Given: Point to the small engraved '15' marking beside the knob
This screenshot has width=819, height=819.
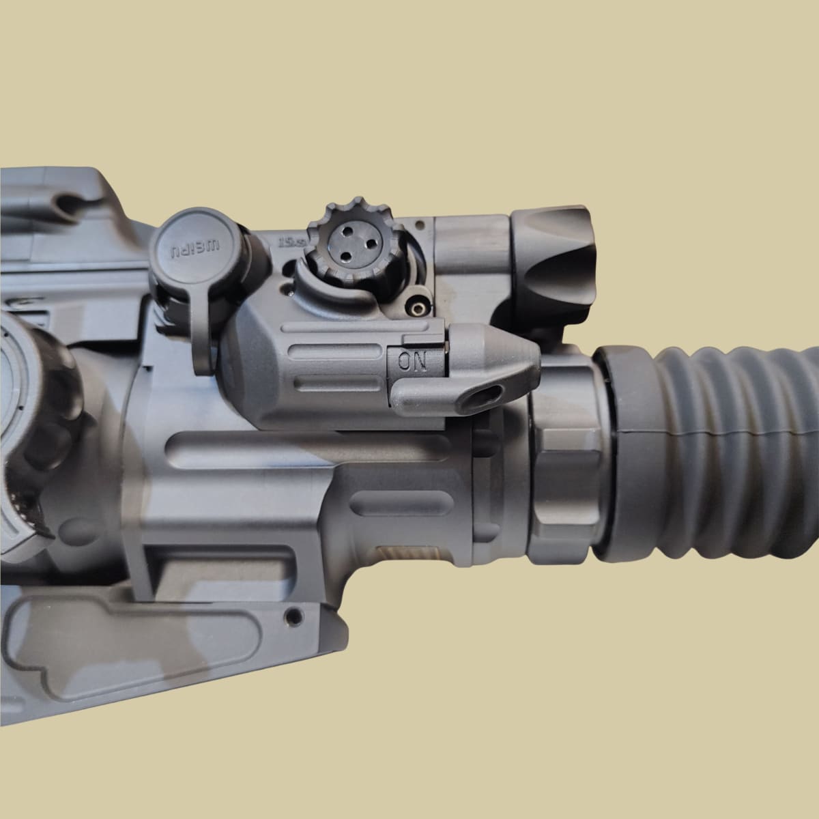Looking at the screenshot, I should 289,240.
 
